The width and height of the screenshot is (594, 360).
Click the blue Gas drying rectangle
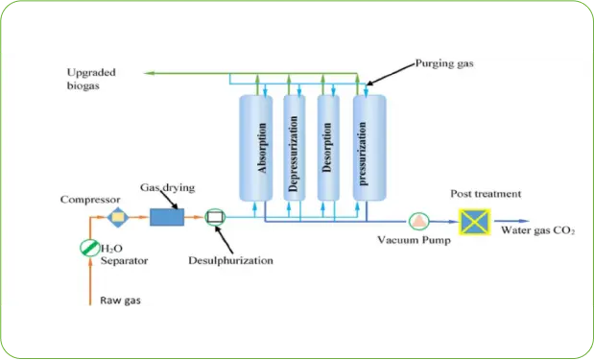tap(167, 218)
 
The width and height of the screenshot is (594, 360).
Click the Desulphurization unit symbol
tap(216, 218)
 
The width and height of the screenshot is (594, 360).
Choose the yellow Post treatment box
tap(474, 221)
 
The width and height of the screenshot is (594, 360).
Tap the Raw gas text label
tap(120, 300)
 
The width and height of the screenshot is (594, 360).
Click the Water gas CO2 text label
tap(538, 230)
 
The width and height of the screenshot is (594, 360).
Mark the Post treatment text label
tap(486, 194)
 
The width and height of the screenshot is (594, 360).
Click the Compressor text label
tap(89, 200)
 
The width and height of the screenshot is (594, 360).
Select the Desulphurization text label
tap(230, 260)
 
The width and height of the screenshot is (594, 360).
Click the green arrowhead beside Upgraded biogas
tap(148, 73)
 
